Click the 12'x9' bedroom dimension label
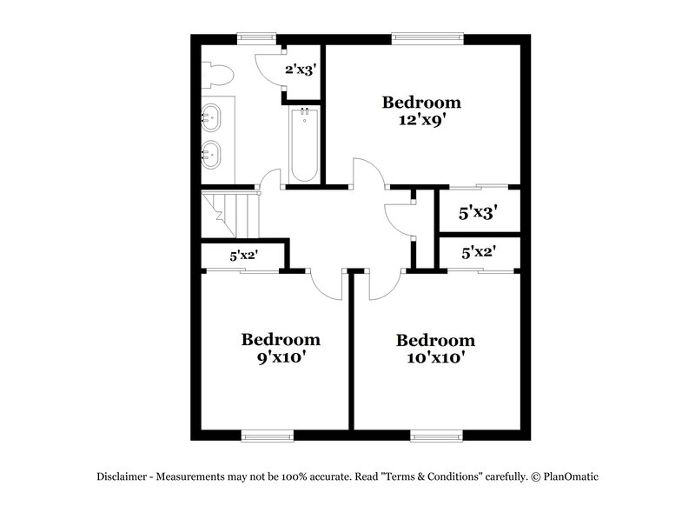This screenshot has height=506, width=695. click(422, 121)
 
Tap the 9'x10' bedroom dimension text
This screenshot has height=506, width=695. click(281, 356)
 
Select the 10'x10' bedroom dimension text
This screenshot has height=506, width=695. click(435, 356)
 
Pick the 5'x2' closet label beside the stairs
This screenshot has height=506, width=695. click(244, 256)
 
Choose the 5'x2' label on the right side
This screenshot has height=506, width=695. click(479, 253)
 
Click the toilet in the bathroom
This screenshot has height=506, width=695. click(217, 76)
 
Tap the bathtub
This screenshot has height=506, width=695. click(303, 143)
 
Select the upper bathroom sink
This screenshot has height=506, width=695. click(212, 115)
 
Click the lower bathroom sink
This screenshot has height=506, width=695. click(212, 155)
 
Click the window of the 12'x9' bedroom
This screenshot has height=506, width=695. click(427, 37)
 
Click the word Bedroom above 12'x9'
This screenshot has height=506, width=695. click(422, 103)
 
